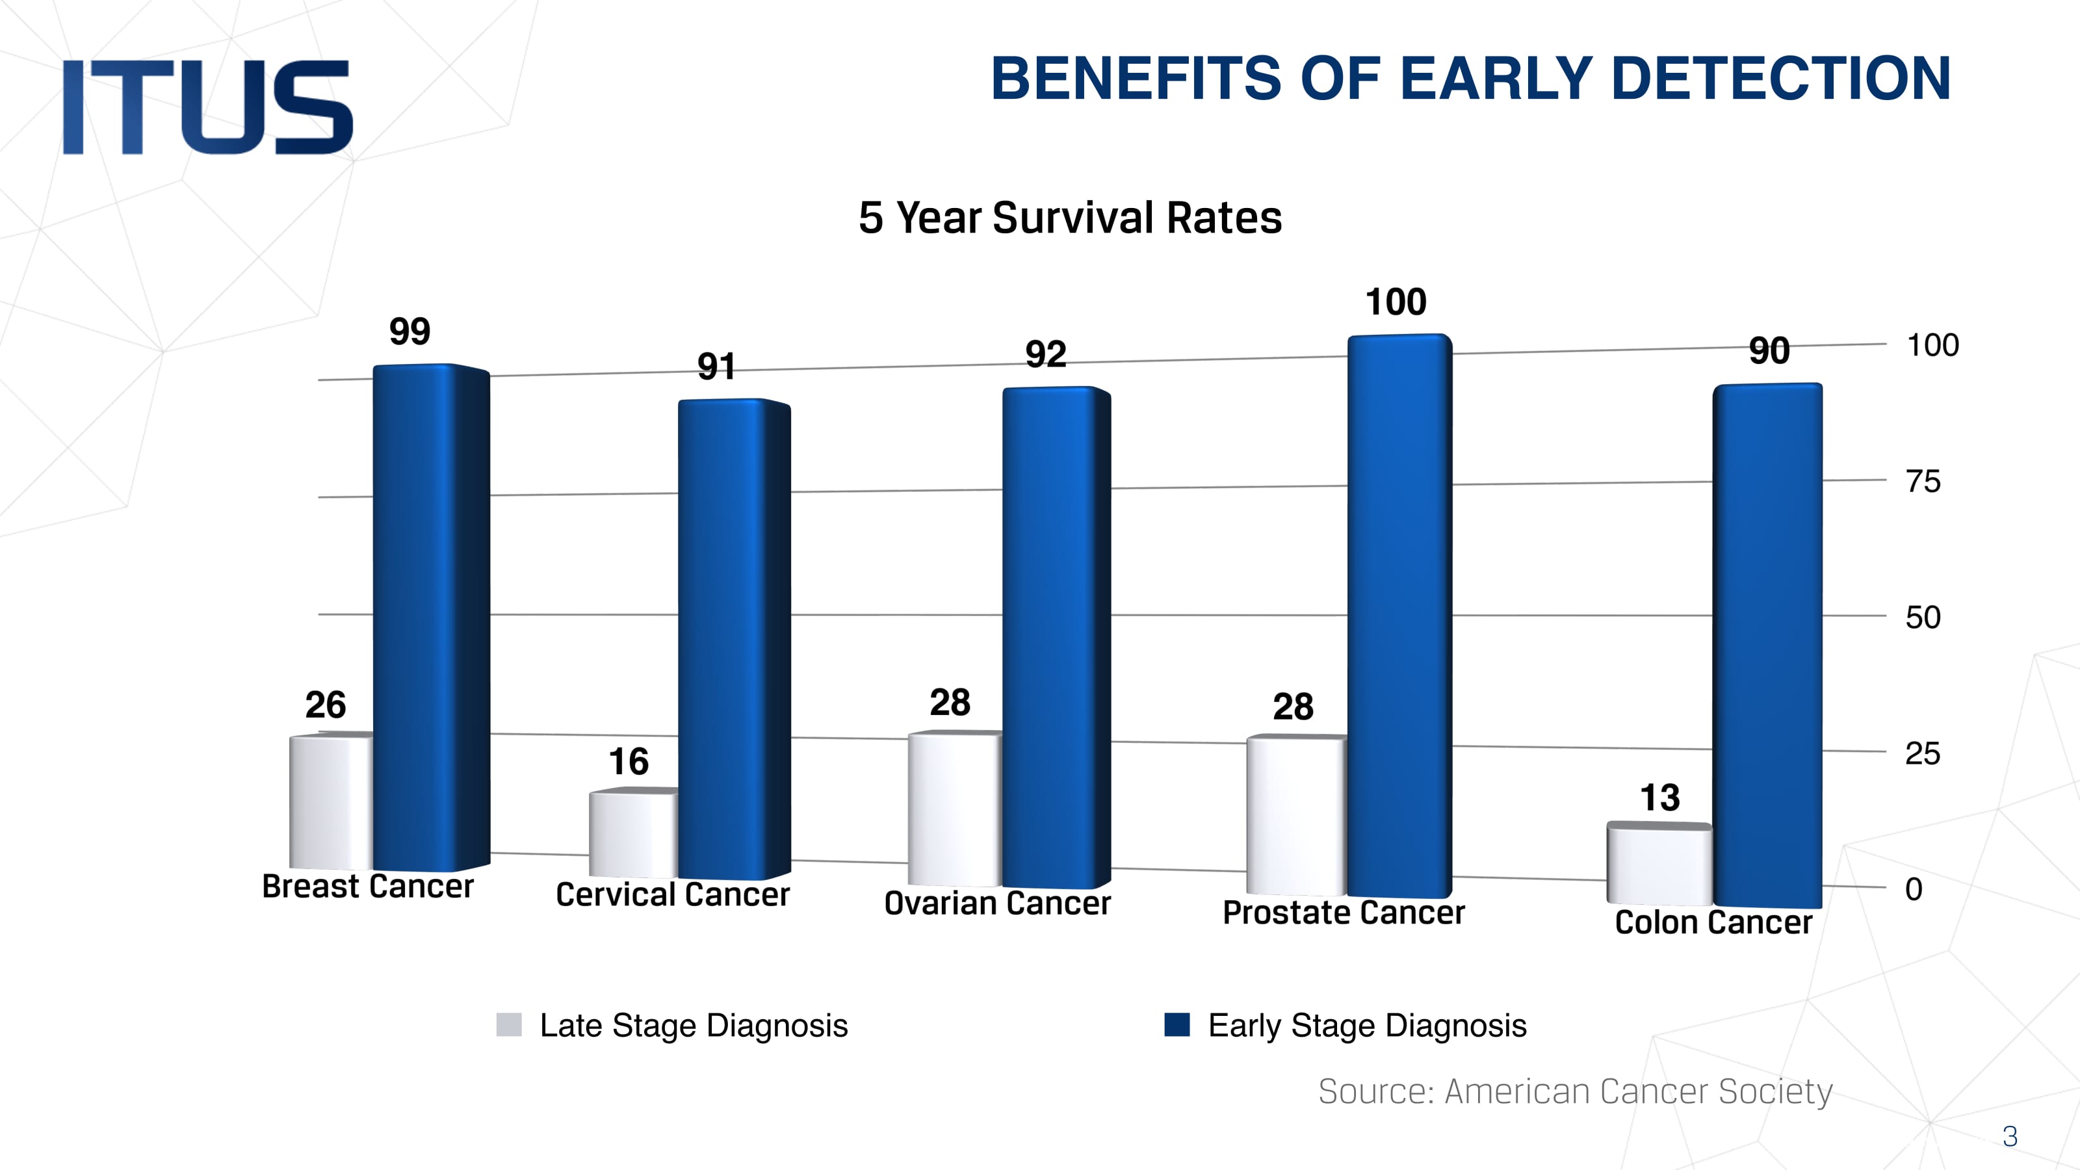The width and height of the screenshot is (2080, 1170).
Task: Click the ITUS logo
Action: point(207,107)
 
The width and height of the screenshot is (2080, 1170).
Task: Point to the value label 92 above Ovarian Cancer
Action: point(1046,354)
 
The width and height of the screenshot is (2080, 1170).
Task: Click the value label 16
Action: point(628,761)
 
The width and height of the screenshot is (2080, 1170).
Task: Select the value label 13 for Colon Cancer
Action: point(1659,798)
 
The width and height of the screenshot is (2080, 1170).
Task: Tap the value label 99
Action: point(409,331)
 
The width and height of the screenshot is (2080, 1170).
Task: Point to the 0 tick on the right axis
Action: point(1913,889)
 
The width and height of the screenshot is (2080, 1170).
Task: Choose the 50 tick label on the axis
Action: point(1923,617)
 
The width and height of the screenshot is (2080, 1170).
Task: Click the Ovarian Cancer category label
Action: point(997,903)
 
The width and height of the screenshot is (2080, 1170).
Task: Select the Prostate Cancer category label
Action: point(1343,913)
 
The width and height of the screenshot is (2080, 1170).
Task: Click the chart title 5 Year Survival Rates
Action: point(1070,218)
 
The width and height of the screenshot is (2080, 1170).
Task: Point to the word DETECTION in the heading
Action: point(1780,79)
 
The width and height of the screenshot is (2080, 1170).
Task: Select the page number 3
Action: point(2010,1136)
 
